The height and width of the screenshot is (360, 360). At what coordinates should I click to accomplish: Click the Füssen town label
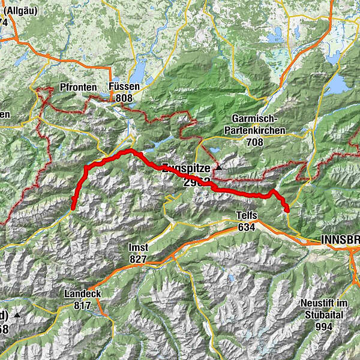pos(124,86)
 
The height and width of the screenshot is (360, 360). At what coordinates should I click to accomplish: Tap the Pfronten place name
pos(79,88)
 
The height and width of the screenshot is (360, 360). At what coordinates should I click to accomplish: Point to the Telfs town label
pos(247,216)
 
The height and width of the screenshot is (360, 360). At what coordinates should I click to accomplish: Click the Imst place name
pos(138,247)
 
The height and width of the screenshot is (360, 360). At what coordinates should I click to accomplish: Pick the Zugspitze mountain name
pos(186,169)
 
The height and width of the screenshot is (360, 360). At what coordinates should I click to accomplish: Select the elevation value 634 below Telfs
pos(247,227)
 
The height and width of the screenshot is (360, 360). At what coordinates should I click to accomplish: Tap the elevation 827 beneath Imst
pos(138,259)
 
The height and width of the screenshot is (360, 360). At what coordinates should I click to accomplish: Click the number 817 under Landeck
pos(82,305)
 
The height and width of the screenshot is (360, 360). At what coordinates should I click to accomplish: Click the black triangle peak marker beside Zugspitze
pos(218,167)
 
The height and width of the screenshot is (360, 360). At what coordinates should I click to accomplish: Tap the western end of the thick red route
pos(73,208)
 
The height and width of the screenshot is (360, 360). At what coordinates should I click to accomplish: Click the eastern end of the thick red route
pos(287,210)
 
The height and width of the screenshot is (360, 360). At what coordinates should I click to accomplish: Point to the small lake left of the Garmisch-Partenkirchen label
pos(212,150)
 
